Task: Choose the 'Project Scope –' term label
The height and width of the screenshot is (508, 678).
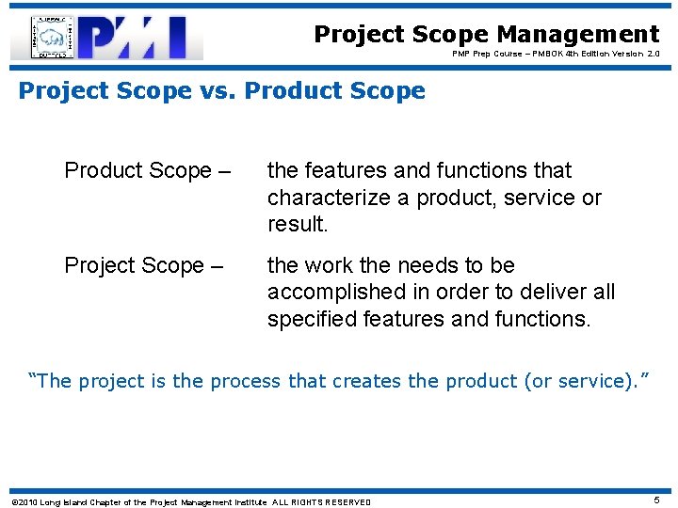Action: pyautogui.click(x=143, y=266)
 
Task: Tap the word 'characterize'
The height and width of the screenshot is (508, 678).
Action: pyautogui.click(x=329, y=198)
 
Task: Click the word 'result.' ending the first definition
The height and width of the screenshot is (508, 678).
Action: pyautogui.click(x=297, y=225)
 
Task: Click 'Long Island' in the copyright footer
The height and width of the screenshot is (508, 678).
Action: pyautogui.click(x=64, y=502)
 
